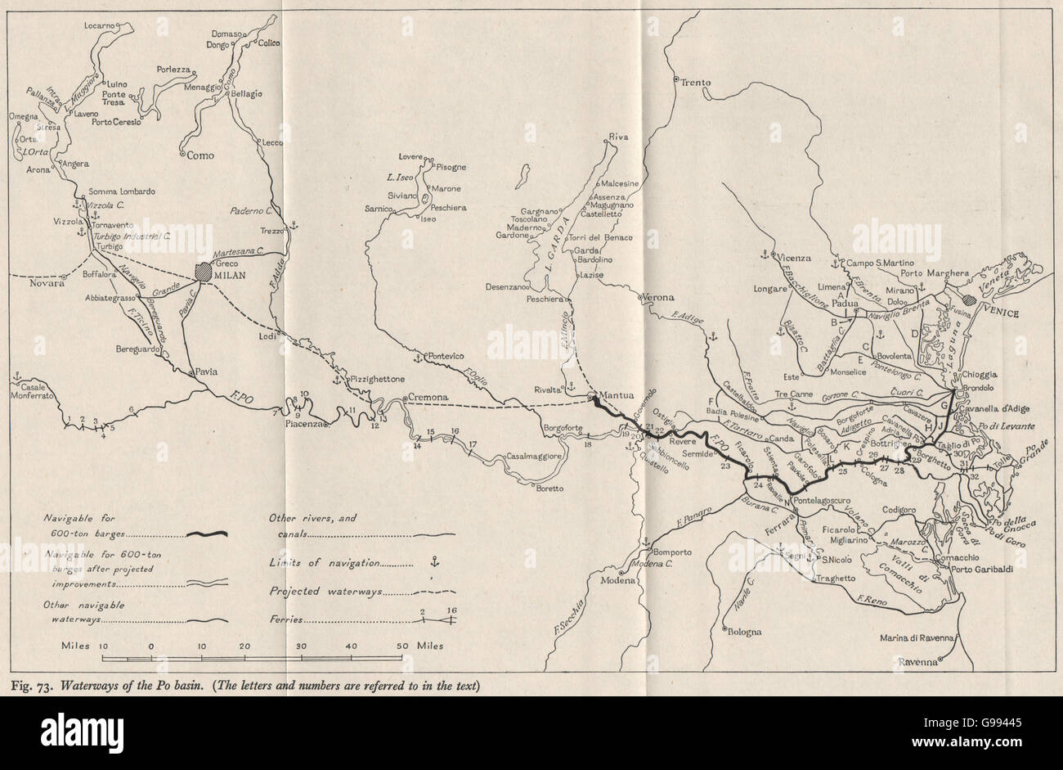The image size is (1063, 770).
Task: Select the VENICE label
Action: pos(1000,313)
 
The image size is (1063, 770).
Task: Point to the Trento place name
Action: pos(696,82)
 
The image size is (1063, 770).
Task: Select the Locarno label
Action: pos(101,26)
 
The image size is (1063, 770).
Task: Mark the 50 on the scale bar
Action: pos(402,645)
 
